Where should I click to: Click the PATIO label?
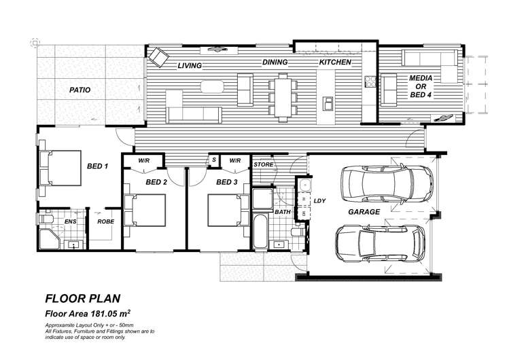pyautogui.click(x=80, y=90)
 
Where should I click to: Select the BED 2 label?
pyautogui.click(x=157, y=182)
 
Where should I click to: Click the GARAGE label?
pyautogui.click(x=364, y=212)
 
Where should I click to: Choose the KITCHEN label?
pyautogui.click(x=335, y=62)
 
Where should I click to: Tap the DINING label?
pyautogui.click(x=275, y=62)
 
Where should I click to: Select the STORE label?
pyautogui.click(x=263, y=165)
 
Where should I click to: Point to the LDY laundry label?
pyautogui.click(x=319, y=200)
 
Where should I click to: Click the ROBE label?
pyautogui.click(x=105, y=221)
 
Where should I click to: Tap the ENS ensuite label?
pyautogui.click(x=70, y=221)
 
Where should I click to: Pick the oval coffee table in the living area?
pyautogui.click(x=212, y=86)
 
